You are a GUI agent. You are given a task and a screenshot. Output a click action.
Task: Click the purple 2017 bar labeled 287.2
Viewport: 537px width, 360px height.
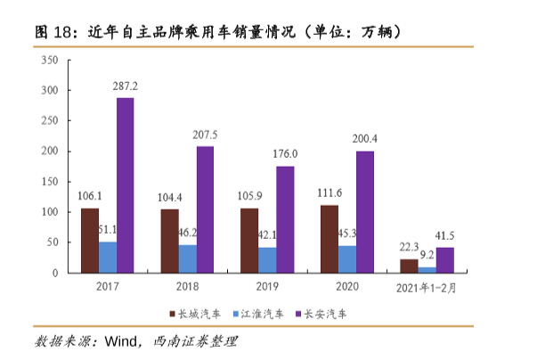click(x=126, y=184)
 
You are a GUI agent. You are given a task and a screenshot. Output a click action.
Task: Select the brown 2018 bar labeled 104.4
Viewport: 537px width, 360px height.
click(x=169, y=241)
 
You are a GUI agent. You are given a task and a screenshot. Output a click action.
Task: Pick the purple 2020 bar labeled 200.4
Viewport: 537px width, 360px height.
click(x=365, y=211)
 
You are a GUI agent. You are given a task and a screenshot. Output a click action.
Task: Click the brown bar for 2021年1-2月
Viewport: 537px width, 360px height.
click(x=409, y=266)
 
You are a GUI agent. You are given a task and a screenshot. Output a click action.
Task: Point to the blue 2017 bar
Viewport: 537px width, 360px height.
click(x=108, y=257)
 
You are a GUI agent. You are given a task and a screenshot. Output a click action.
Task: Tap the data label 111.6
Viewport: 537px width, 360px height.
click(x=330, y=193)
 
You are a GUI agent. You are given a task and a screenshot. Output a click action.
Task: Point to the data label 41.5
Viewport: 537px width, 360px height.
click(x=444, y=235)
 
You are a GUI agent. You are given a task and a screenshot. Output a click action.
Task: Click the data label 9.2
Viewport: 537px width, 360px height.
click(x=427, y=254)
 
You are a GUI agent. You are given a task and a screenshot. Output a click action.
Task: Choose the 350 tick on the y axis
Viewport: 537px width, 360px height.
click(x=51, y=61)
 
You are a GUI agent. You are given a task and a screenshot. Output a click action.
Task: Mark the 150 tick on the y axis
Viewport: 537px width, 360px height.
click(x=51, y=182)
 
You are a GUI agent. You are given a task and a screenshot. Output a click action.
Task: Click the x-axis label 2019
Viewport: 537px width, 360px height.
click(x=267, y=288)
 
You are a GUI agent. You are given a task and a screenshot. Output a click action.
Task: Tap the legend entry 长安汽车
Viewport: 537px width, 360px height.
click(x=325, y=315)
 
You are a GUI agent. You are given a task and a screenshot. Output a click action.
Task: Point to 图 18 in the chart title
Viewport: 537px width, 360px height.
click(x=50, y=30)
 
